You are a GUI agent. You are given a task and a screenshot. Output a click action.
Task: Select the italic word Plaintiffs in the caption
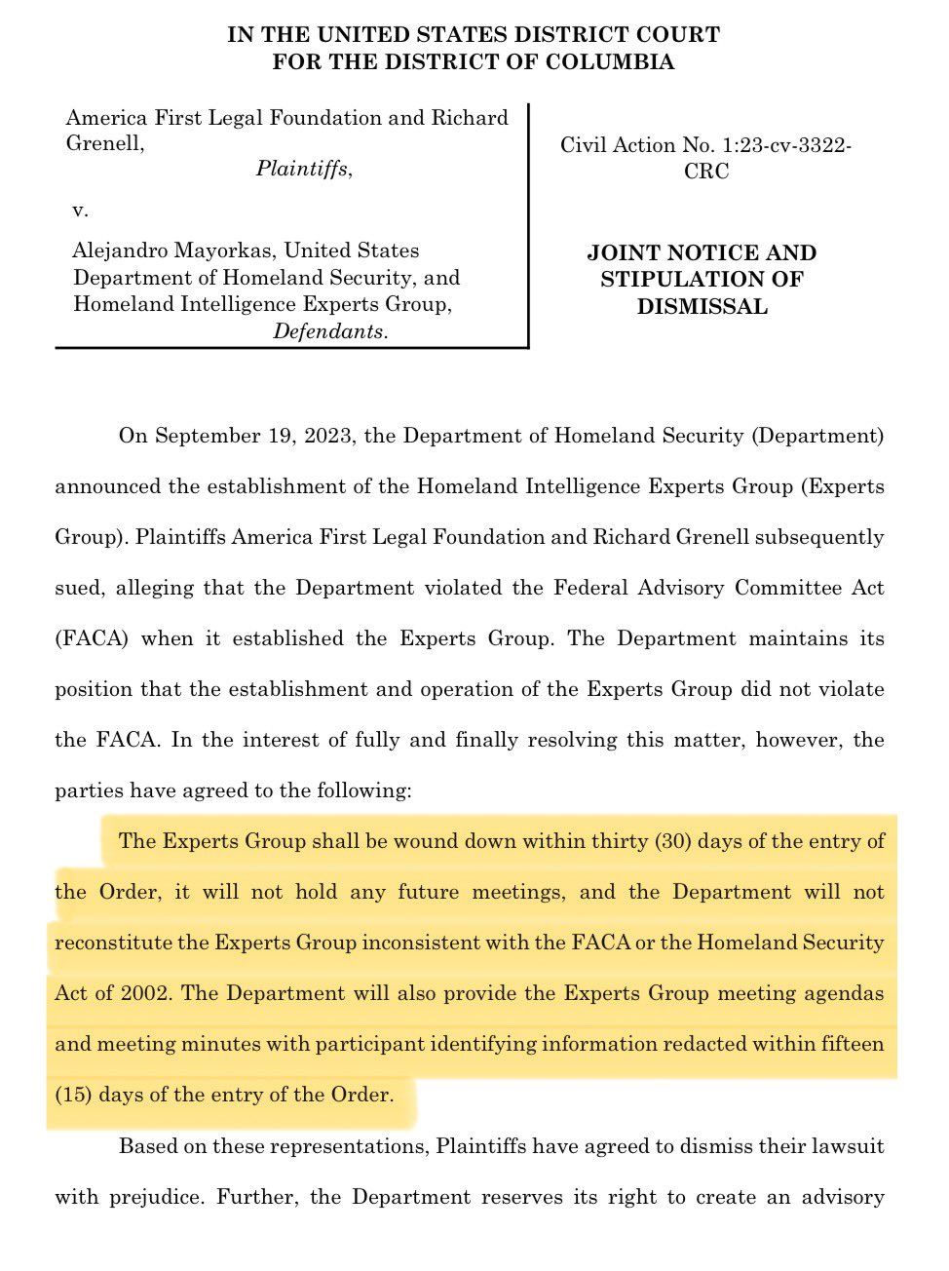click(x=302, y=169)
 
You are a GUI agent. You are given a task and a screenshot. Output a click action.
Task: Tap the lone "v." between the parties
click(x=80, y=210)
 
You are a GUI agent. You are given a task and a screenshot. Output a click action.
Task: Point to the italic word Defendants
click(x=328, y=331)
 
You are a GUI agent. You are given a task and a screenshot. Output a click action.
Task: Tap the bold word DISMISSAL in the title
click(x=702, y=306)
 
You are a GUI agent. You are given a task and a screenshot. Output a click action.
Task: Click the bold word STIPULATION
click(x=702, y=279)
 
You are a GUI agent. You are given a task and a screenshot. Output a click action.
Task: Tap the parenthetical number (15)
click(x=72, y=1095)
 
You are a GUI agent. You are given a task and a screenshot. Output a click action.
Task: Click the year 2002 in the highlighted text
click(x=146, y=993)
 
